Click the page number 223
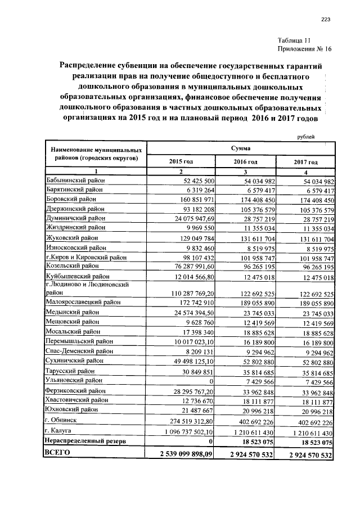pyautogui.click(x=325, y=20)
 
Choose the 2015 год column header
pyautogui.click(x=181, y=161)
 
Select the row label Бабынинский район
pyautogui.click(x=73, y=181)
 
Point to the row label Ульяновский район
pyautogui.click(x=72, y=380)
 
